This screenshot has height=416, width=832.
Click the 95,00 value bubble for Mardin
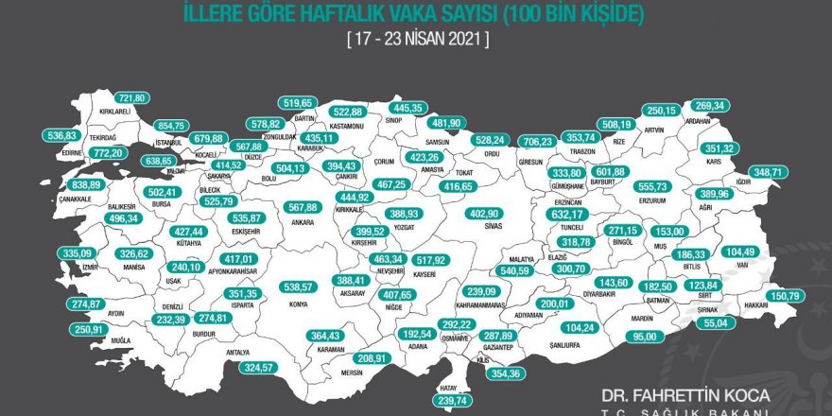[x=645, y=336]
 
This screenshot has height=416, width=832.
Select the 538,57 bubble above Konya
[x=298, y=286]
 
